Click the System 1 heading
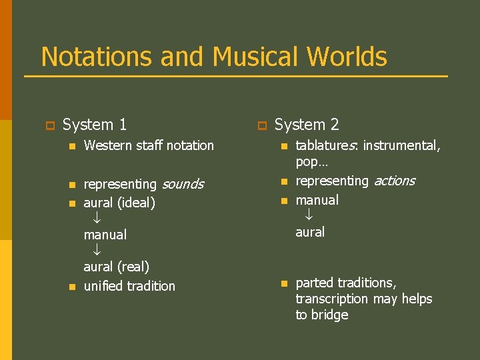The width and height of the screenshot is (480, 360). click(95, 125)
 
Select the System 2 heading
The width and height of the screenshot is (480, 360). click(307, 125)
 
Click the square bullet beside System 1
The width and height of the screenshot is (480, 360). click(49, 125)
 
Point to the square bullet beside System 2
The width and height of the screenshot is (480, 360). click(261, 125)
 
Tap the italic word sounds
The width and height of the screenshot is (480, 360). click(182, 184)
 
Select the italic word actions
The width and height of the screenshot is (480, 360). click(394, 181)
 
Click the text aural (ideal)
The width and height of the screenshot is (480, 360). click(119, 203)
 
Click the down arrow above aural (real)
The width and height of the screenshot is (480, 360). click(97, 250)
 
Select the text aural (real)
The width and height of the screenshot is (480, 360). click(116, 267)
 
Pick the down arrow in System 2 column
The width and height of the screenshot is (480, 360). click(309, 215)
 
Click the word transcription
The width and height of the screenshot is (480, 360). click(331, 299)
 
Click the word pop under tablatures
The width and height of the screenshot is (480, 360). click(307, 162)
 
